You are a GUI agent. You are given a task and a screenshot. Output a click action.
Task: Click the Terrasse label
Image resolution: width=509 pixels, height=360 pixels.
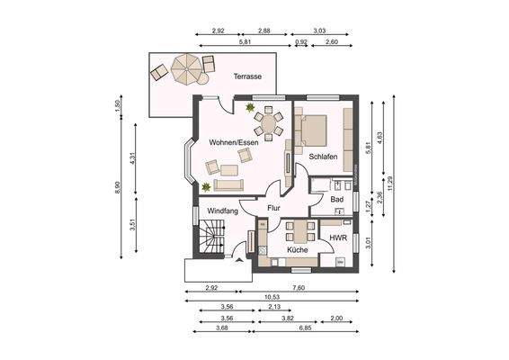[x=247, y=77]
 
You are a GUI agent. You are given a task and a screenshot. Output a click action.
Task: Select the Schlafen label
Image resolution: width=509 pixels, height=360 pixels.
[x=323, y=157]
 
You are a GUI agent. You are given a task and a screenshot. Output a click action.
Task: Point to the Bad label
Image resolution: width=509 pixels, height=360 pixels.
[x=336, y=199]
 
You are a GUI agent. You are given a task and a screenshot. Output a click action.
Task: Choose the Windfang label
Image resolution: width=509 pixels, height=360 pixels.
[x=222, y=211]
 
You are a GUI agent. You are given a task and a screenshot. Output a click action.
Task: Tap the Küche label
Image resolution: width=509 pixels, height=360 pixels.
[x=298, y=248]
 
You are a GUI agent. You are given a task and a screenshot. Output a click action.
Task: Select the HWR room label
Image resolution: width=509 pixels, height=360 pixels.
[x=338, y=238]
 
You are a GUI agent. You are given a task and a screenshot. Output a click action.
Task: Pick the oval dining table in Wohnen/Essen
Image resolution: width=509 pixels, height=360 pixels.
[x=267, y=121]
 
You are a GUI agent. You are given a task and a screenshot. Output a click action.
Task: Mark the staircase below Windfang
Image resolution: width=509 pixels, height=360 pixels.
[x=210, y=243]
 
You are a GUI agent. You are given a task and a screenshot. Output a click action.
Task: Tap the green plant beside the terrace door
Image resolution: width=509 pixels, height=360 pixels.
[x=251, y=108]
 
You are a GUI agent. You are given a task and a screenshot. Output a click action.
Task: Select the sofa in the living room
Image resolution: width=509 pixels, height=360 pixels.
[x=227, y=184]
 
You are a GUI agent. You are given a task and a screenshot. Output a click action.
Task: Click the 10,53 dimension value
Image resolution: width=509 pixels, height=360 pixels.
[x=270, y=296]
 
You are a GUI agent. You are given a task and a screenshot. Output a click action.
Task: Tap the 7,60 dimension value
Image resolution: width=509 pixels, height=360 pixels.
[x=299, y=287]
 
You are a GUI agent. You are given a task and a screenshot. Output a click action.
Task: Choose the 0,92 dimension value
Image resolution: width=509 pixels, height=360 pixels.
[x=301, y=42]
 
